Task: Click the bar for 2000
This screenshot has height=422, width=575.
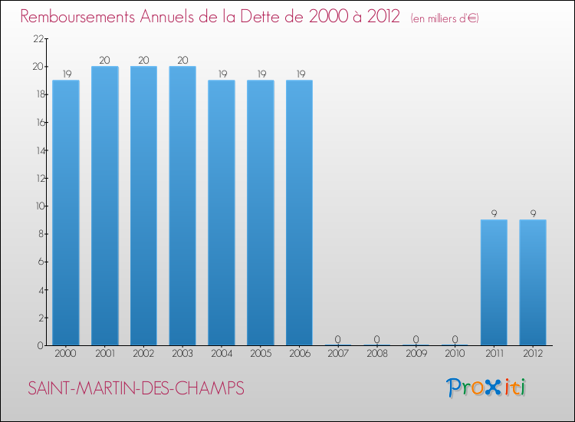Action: pyautogui.click(x=66, y=213)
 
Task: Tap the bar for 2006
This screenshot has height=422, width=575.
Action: pyautogui.click(x=299, y=213)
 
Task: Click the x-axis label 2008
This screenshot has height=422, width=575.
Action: pyautogui.click(x=377, y=354)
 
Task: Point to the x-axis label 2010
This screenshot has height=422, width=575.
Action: pyautogui.click(x=455, y=354)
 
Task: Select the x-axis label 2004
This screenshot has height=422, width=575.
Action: pyautogui.click(x=222, y=354)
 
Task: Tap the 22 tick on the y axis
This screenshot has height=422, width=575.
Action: pyautogui.click(x=37, y=39)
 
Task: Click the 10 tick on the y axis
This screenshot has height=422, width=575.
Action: pyautogui.click(x=37, y=206)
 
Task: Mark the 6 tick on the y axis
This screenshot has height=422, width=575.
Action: pyautogui.click(x=39, y=262)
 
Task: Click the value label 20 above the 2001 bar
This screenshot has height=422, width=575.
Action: pyautogui.click(x=105, y=60)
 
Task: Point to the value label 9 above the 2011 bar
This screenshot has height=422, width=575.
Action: pyautogui.click(x=494, y=213)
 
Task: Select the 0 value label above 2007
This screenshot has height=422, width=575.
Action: pyautogui.click(x=338, y=339)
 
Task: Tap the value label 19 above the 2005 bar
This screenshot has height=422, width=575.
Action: pyautogui.click(x=260, y=74)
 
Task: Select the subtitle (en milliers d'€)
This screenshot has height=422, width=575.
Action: pyautogui.click(x=445, y=18)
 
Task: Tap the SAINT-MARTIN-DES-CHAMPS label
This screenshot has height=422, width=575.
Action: pyautogui.click(x=136, y=389)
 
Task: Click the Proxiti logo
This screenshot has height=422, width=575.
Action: pyautogui.click(x=487, y=387)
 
